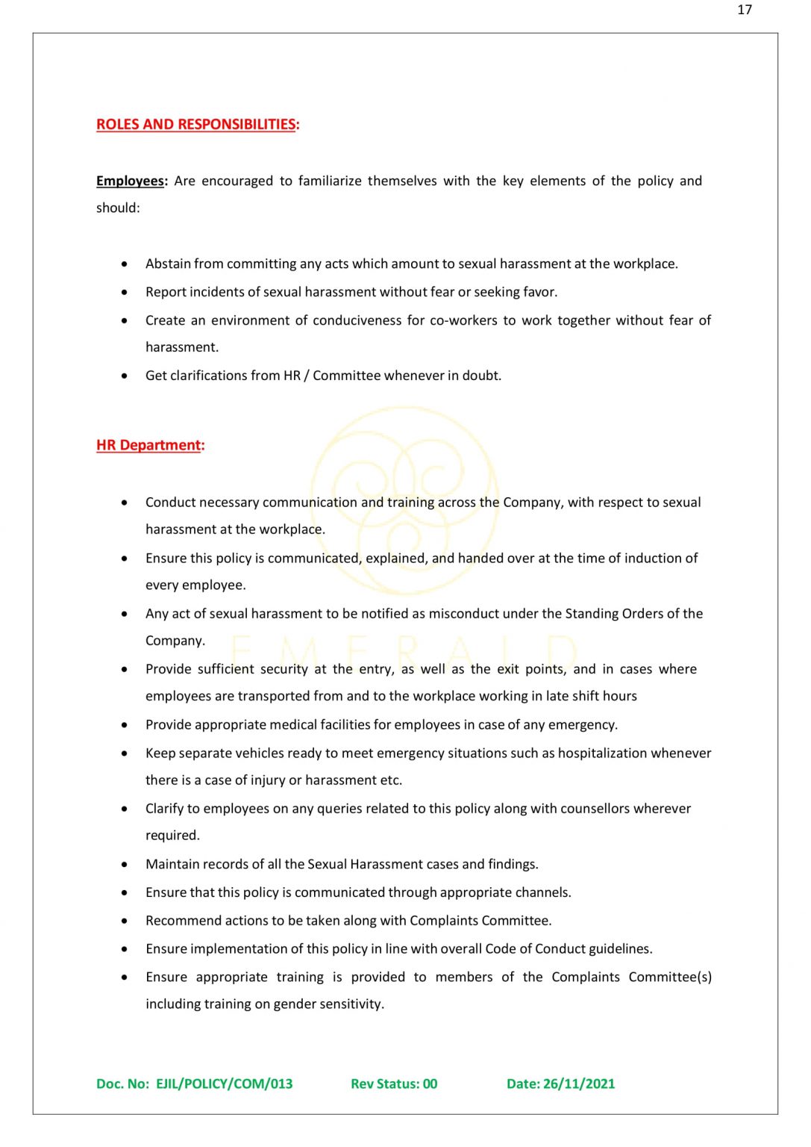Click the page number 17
click(744, 10)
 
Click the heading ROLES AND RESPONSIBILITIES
click(196, 125)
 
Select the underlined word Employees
click(130, 181)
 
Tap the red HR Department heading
click(149, 445)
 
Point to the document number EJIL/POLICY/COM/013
click(224, 1084)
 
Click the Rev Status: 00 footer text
click(394, 1084)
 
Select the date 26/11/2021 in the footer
click(579, 1084)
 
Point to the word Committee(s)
click(670, 977)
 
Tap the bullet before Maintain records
click(125, 865)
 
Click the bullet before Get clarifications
click(125, 376)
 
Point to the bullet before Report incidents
click(125, 292)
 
